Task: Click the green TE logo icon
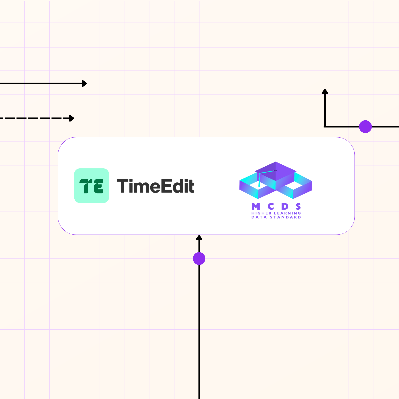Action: coord(91,186)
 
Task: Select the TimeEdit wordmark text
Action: coord(155,186)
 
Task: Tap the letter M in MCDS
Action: coord(256,207)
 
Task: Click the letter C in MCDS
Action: coord(271,207)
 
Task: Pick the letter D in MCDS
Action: coord(285,207)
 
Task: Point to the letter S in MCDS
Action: coord(298,207)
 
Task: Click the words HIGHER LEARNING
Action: coord(276,213)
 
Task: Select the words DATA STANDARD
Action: coord(276,217)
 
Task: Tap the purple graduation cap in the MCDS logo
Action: coord(275,170)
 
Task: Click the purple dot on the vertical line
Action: coord(199,258)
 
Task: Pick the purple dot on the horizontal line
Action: coord(365,127)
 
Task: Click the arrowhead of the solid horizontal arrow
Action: coord(85,83)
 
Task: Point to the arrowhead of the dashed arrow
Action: coord(72,118)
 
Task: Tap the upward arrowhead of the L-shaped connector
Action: coord(325,91)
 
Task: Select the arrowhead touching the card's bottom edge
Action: coord(199,237)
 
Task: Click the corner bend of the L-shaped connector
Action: coord(325,127)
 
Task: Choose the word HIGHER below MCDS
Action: coord(261,213)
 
